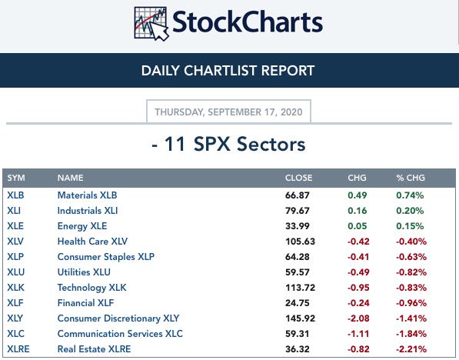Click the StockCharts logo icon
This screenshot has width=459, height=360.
click(x=151, y=24)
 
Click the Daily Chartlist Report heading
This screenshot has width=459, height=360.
click(x=228, y=71)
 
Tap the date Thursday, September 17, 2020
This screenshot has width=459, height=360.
click(x=228, y=112)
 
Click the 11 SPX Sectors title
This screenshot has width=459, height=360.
click(x=228, y=144)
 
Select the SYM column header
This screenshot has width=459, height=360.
click(x=16, y=178)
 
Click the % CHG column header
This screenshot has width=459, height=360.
click(x=411, y=178)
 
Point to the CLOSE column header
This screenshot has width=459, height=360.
click(x=298, y=178)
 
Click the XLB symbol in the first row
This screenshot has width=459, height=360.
click(x=15, y=195)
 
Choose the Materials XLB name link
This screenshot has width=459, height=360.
click(x=87, y=195)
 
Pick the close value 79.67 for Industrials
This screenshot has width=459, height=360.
click(x=297, y=211)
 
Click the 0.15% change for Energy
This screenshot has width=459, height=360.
click(x=410, y=226)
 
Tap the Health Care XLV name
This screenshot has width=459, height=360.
click(x=92, y=242)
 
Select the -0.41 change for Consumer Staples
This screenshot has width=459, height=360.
click(x=358, y=257)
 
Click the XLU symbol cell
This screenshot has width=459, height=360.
click(x=16, y=272)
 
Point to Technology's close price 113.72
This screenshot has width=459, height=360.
click(x=300, y=288)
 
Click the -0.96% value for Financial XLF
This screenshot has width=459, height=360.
click(x=411, y=303)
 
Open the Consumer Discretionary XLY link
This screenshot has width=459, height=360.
click(x=118, y=318)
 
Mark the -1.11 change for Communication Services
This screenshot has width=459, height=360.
click(x=358, y=334)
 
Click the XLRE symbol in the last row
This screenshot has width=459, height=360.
click(x=18, y=349)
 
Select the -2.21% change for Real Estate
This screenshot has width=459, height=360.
click(x=411, y=349)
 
